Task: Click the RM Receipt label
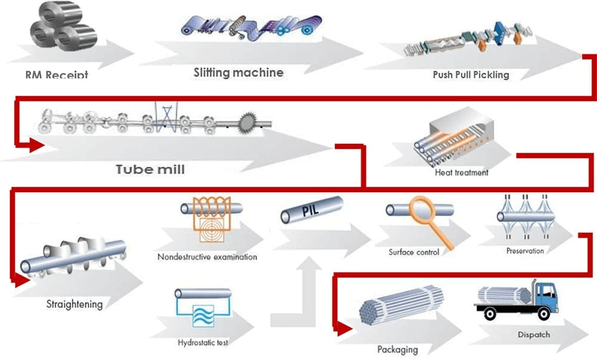57,75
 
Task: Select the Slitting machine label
238,73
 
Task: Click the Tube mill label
150,170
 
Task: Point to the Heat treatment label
461,173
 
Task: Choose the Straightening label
75,304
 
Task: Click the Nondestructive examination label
207,257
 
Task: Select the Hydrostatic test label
203,343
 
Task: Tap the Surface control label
414,252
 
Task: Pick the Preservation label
525,251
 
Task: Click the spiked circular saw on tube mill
250,124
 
